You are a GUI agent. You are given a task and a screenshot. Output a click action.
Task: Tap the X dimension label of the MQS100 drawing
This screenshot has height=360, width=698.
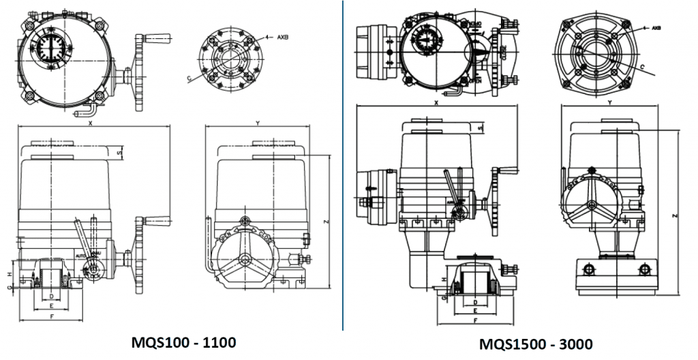point(90,123)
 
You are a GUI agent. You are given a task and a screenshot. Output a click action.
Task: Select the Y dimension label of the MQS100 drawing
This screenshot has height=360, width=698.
point(256,123)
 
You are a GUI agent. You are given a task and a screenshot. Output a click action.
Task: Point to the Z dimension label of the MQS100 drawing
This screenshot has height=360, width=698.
point(327,222)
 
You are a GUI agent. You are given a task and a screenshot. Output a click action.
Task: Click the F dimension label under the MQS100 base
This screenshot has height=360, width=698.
point(52,317)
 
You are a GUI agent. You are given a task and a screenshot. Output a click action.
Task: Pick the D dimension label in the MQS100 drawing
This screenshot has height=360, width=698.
point(52,297)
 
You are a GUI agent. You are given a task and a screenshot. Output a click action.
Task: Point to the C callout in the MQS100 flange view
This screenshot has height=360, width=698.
point(189,79)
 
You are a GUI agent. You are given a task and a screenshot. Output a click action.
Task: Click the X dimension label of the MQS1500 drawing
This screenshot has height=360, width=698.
point(436,103)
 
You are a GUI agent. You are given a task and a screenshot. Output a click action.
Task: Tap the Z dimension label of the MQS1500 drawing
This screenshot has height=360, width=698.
point(674,215)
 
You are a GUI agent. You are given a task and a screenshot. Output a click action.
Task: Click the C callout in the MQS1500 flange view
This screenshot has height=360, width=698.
point(642,67)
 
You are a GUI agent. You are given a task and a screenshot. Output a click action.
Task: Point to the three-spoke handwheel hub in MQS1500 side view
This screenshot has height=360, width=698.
point(591,205)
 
